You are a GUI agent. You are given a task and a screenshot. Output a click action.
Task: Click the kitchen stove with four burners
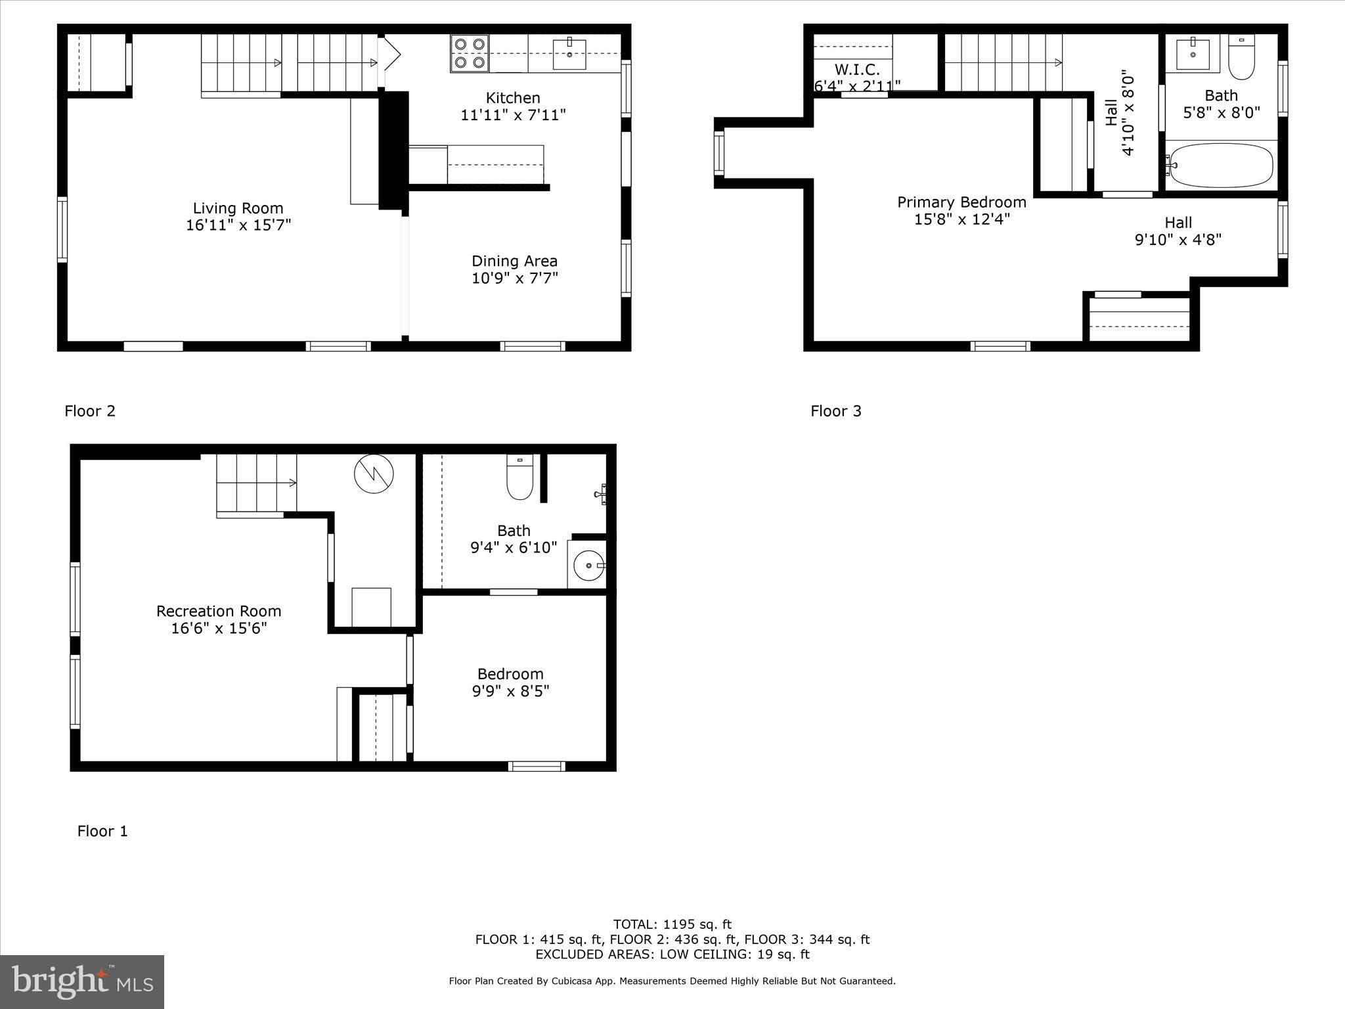click(x=470, y=53)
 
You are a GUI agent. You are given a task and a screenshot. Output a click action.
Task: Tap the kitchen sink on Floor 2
click(x=569, y=54)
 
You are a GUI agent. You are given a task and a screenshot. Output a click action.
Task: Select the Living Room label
click(x=238, y=208)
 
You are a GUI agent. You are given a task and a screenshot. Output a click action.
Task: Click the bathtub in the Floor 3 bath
click(x=1222, y=165)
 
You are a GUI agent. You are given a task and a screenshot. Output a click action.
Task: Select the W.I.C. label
click(x=856, y=70)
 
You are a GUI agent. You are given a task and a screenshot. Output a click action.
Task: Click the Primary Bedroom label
click(x=961, y=202)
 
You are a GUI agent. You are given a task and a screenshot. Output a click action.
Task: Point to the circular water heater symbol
click(x=374, y=473)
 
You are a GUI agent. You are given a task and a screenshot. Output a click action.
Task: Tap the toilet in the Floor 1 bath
click(x=519, y=478)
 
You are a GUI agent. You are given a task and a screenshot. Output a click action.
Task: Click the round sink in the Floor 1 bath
click(x=589, y=565)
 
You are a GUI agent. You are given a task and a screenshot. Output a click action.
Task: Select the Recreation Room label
click(x=219, y=611)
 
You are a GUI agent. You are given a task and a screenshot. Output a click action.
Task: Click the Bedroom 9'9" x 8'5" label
click(x=510, y=682)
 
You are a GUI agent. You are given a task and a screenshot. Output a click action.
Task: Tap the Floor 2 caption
click(x=90, y=411)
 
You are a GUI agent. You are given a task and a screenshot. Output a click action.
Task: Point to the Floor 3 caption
click(x=835, y=411)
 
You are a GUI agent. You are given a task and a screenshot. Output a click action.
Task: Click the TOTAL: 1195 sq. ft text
click(x=672, y=924)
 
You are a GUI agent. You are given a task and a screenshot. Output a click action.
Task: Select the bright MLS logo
click(x=82, y=981)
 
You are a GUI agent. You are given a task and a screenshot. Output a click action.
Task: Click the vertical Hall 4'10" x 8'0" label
click(x=1119, y=113)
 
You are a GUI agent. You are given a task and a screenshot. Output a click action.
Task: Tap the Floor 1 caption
click(x=102, y=831)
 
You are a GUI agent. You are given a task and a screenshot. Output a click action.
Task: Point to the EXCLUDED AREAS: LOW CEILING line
click(x=672, y=954)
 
